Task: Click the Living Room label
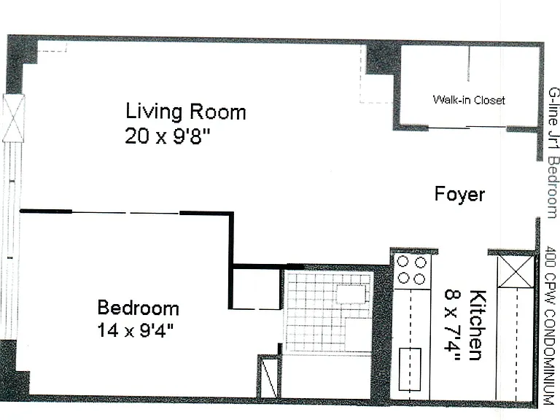tap(186, 112)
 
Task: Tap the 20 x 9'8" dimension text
tap(168, 136)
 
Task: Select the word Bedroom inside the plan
tap(139, 308)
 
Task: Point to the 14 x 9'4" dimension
tap(136, 330)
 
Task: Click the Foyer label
tap(459, 195)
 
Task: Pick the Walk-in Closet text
tap(469, 100)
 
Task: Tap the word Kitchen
tap(478, 324)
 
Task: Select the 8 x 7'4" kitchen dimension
tap(453, 324)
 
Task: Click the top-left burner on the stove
tap(402, 262)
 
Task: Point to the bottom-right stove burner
tap(420, 279)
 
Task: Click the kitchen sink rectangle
tap(410, 369)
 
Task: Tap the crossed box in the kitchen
tap(516, 271)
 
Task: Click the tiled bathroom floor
tap(329, 312)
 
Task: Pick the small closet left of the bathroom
tap(255, 289)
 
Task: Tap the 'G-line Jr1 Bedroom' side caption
tap(553, 152)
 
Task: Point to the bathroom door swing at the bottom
tap(268, 376)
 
